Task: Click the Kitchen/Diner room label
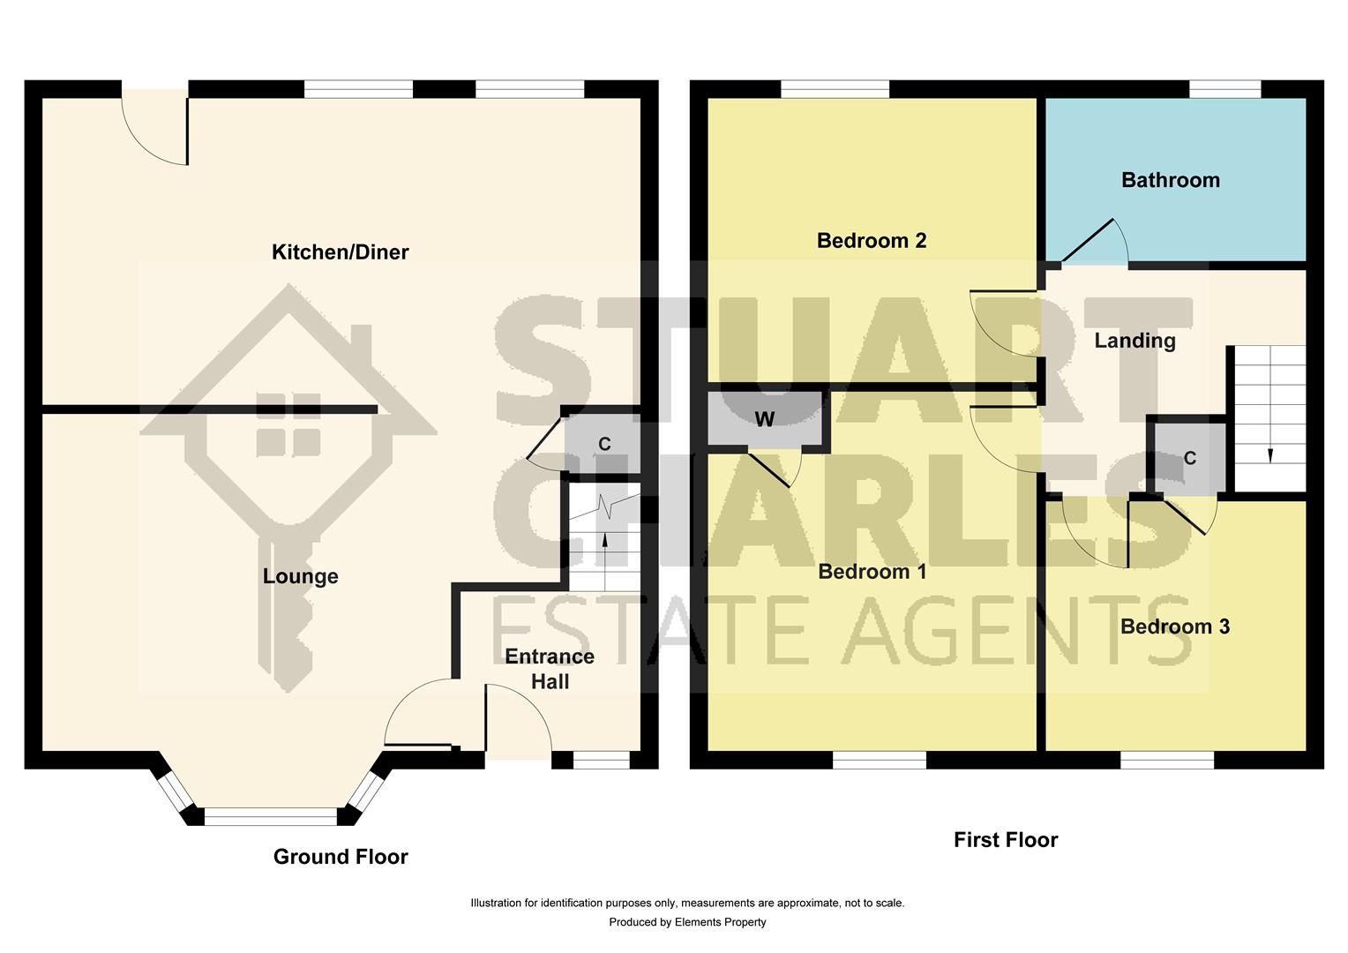[340, 252]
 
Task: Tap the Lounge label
[300, 576]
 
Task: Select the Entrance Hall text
[549, 669]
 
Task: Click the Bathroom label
[1170, 180]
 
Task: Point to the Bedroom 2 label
[871, 240]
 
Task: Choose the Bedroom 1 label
[872, 571]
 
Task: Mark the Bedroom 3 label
[1174, 627]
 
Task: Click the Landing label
[1135, 341]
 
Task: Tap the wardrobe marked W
[764, 419]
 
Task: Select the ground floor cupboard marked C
[604, 444]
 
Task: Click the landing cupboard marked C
[1189, 458]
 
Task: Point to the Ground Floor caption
[341, 857]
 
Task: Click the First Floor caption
[1005, 840]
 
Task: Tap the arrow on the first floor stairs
[1270, 454]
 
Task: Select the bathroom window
[1224, 89]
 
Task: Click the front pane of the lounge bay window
[270, 817]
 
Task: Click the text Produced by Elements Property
[687, 922]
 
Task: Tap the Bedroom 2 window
[835, 89]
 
